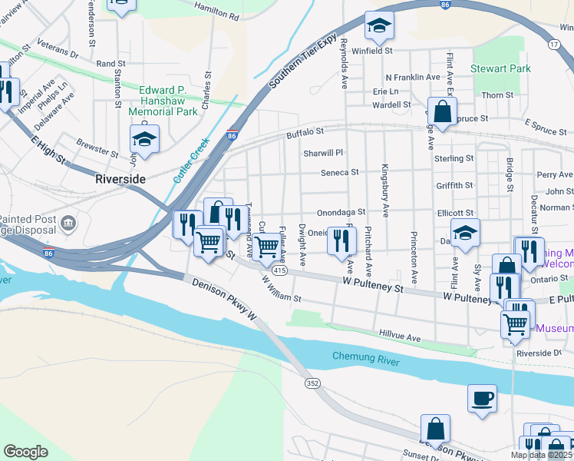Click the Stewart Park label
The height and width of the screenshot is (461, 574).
point(502,69)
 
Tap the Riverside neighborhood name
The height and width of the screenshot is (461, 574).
point(120,178)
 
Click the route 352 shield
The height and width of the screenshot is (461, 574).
point(312,383)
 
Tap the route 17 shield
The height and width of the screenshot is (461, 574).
point(554,45)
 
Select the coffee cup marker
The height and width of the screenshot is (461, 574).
point(482,397)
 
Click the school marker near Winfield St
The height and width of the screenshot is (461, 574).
point(379,27)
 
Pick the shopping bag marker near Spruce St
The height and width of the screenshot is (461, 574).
point(443,111)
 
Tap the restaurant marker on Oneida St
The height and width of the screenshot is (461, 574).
point(342,240)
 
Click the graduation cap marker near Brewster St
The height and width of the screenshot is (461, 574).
point(144,139)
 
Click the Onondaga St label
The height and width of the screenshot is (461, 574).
point(341,212)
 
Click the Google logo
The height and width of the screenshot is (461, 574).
point(25,451)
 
